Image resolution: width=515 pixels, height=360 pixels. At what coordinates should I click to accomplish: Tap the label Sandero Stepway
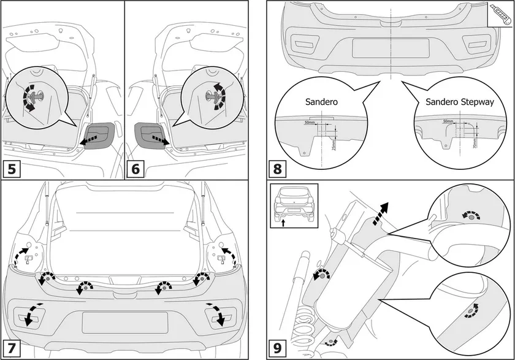455,103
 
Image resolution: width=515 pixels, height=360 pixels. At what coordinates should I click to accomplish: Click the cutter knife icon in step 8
500,12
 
